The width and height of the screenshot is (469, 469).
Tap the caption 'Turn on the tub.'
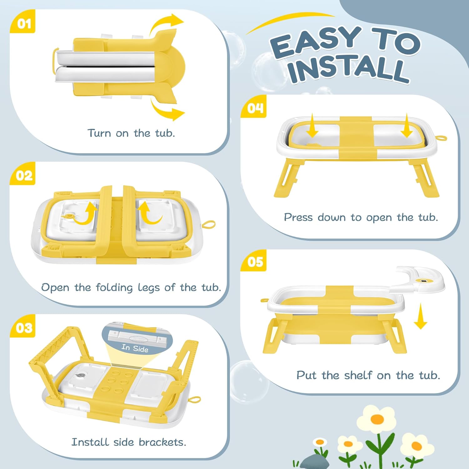click(x=131, y=133)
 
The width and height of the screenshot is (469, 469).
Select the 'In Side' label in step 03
click(x=135, y=348)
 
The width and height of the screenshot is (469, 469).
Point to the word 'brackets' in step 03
click(x=162, y=442)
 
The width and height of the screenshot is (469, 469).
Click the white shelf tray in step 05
click(x=419, y=280)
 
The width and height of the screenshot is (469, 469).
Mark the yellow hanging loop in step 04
click(x=441, y=138)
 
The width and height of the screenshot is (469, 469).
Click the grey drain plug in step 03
click(x=82, y=376)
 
